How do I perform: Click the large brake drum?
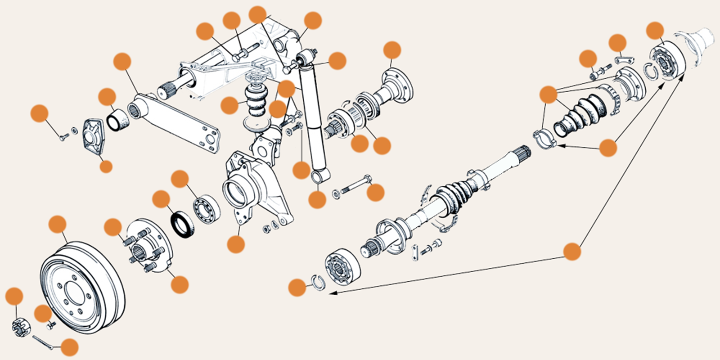pyautogui.click(x=83, y=288)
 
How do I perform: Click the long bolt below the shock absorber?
pyautogui.click(x=355, y=186)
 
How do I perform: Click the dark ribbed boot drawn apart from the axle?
pyautogui.click(x=580, y=115)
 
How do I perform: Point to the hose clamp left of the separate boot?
pyautogui.click(x=544, y=137)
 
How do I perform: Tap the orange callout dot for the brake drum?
pyautogui.click(x=57, y=224)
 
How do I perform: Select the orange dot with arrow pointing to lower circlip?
pyautogui.click(x=572, y=251)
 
